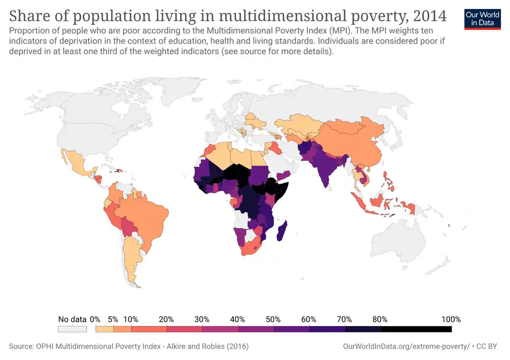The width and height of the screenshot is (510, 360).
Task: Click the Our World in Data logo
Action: tap(482, 19)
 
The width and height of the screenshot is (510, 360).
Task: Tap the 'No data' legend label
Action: tap(72, 319)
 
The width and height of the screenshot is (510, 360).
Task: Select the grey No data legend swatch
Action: tap(72, 329)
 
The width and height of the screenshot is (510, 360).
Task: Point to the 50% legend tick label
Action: tap(273, 319)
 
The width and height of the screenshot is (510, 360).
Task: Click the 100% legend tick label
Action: tap(451, 319)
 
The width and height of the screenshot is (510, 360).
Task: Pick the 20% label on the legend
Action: tap(166, 319)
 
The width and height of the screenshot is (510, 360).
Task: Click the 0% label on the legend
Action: tap(95, 319)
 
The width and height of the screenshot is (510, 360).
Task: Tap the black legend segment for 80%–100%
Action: tap(416, 329)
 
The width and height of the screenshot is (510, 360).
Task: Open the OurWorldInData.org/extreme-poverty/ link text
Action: tap(406, 346)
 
